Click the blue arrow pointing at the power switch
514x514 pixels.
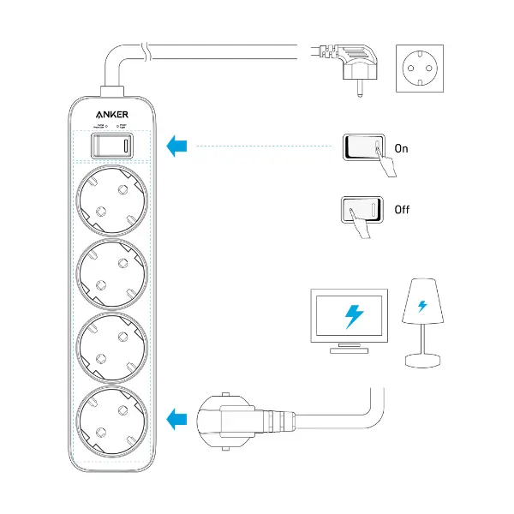click(x=177, y=146)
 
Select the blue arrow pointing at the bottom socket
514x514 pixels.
click(x=177, y=420)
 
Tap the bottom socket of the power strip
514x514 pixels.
click(x=112, y=420)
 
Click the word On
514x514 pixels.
click(x=401, y=148)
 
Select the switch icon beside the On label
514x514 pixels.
click(x=364, y=147)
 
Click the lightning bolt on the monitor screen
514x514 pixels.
click(x=352, y=316)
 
